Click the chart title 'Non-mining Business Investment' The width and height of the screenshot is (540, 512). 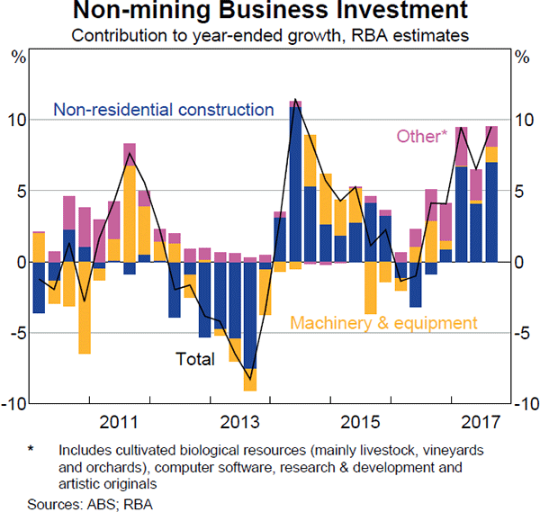[270, 13]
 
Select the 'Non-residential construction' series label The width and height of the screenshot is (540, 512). [164, 110]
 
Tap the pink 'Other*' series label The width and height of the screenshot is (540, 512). [420, 137]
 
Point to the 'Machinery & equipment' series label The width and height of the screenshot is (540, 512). [382, 323]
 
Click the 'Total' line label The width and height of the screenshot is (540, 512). [195, 360]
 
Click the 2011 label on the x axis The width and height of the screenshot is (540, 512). [118, 421]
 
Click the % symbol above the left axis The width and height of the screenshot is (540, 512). [17, 58]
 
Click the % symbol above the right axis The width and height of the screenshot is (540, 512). [523, 58]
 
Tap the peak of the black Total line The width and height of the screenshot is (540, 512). [295, 100]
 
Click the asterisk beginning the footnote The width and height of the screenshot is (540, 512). [31, 448]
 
